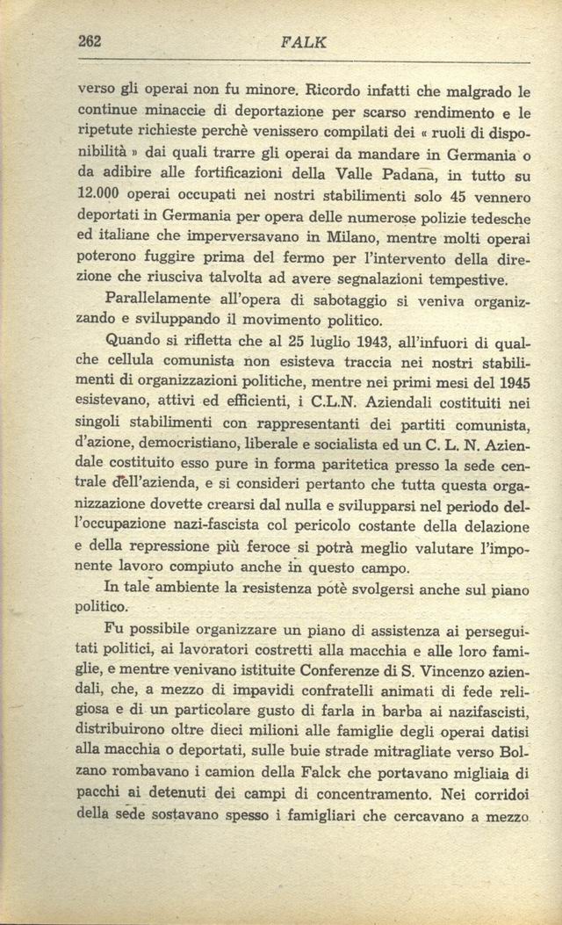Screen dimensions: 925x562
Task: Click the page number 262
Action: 90,40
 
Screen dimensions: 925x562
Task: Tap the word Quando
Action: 131,343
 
